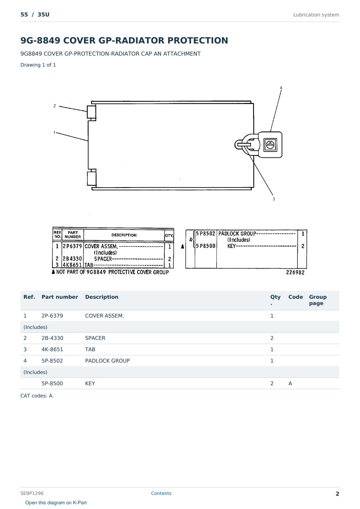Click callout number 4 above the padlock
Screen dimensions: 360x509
tap(281, 88)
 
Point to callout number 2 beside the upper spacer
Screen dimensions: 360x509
tap(54, 106)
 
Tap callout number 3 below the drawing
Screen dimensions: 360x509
tap(274, 199)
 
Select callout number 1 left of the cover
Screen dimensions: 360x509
tap(54, 132)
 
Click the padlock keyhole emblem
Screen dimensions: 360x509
tap(270, 145)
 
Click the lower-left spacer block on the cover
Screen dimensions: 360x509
tap(92, 179)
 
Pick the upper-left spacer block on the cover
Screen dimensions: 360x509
tap(91, 112)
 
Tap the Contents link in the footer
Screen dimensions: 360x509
tap(161, 493)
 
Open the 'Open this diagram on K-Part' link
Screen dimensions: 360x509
tap(56, 502)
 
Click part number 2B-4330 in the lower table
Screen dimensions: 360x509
tap(52, 338)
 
